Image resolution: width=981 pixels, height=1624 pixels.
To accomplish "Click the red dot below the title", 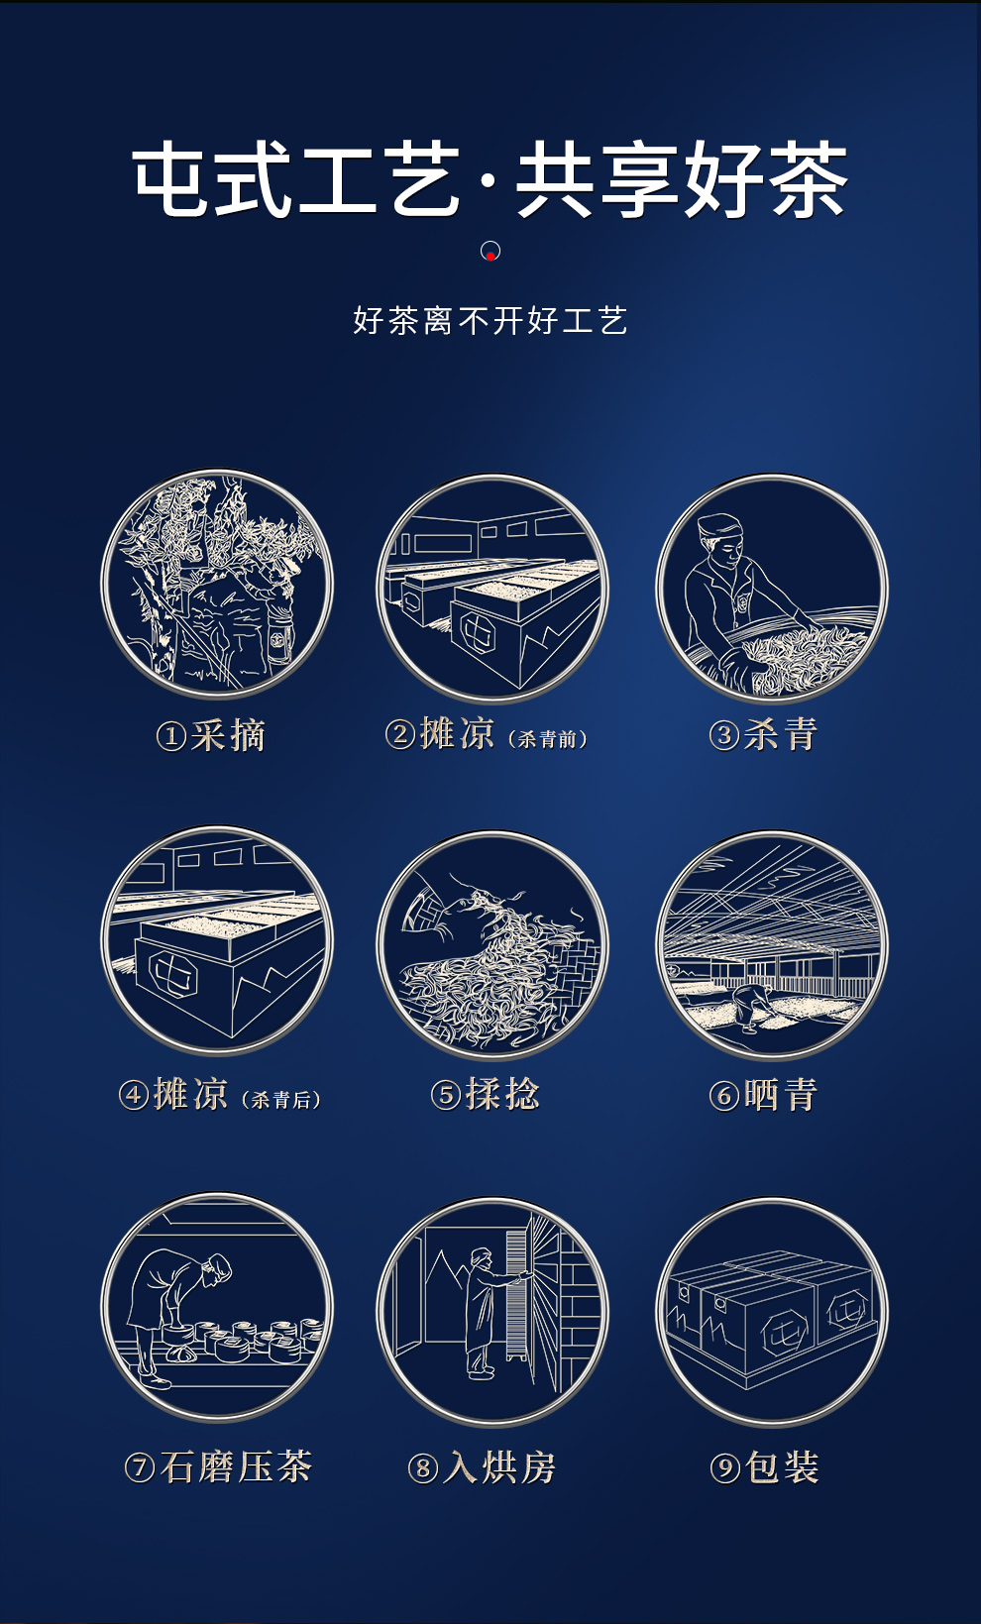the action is pyautogui.click(x=490, y=256).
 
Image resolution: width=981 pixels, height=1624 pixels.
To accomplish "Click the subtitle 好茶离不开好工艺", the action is pyautogui.click(x=490, y=320).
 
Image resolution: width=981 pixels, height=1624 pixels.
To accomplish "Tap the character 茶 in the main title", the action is pyautogui.click(x=808, y=179).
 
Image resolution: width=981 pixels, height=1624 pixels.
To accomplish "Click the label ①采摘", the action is pyautogui.click(x=211, y=736).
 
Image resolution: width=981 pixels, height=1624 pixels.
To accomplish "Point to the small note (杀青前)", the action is pyautogui.click(x=548, y=739).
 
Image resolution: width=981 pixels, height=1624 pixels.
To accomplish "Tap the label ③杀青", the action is pyautogui.click(x=763, y=734).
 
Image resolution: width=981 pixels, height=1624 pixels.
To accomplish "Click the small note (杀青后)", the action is pyautogui.click(x=281, y=1099).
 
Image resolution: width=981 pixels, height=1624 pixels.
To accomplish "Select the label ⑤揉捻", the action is pyautogui.click(x=486, y=1094).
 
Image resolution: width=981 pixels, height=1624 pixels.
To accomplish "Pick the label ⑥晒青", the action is pyautogui.click(x=763, y=1094).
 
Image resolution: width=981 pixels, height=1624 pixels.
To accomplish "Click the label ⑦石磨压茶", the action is pyautogui.click(x=218, y=1467).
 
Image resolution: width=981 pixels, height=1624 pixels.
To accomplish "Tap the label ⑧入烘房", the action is pyautogui.click(x=483, y=1467).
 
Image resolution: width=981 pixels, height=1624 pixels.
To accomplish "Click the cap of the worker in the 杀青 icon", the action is pyautogui.click(x=718, y=525).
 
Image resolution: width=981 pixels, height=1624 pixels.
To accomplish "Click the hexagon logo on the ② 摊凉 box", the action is pyautogui.click(x=480, y=631).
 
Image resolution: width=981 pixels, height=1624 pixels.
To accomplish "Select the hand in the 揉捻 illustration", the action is pyautogui.click(x=431, y=909).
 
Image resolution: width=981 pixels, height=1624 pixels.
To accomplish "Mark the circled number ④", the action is pyautogui.click(x=134, y=1095).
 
